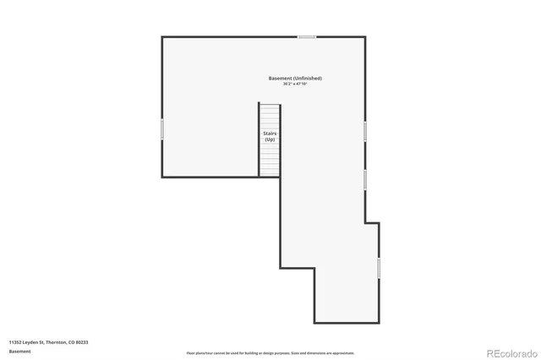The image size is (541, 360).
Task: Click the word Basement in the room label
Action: click(280, 79)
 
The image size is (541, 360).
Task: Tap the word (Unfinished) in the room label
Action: click(307, 79)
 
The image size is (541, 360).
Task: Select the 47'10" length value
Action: click(301, 85)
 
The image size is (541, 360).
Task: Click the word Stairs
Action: click(270, 134)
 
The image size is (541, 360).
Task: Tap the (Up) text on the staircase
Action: click(270, 139)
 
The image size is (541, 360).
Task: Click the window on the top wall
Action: click(307, 36)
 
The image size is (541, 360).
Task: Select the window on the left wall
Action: click(162, 128)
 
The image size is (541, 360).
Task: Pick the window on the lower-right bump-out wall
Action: click(379, 267)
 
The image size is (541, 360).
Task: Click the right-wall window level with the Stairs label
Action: click(365, 131)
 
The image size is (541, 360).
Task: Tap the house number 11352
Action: click(16, 341)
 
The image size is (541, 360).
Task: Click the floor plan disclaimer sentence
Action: click(270, 353)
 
